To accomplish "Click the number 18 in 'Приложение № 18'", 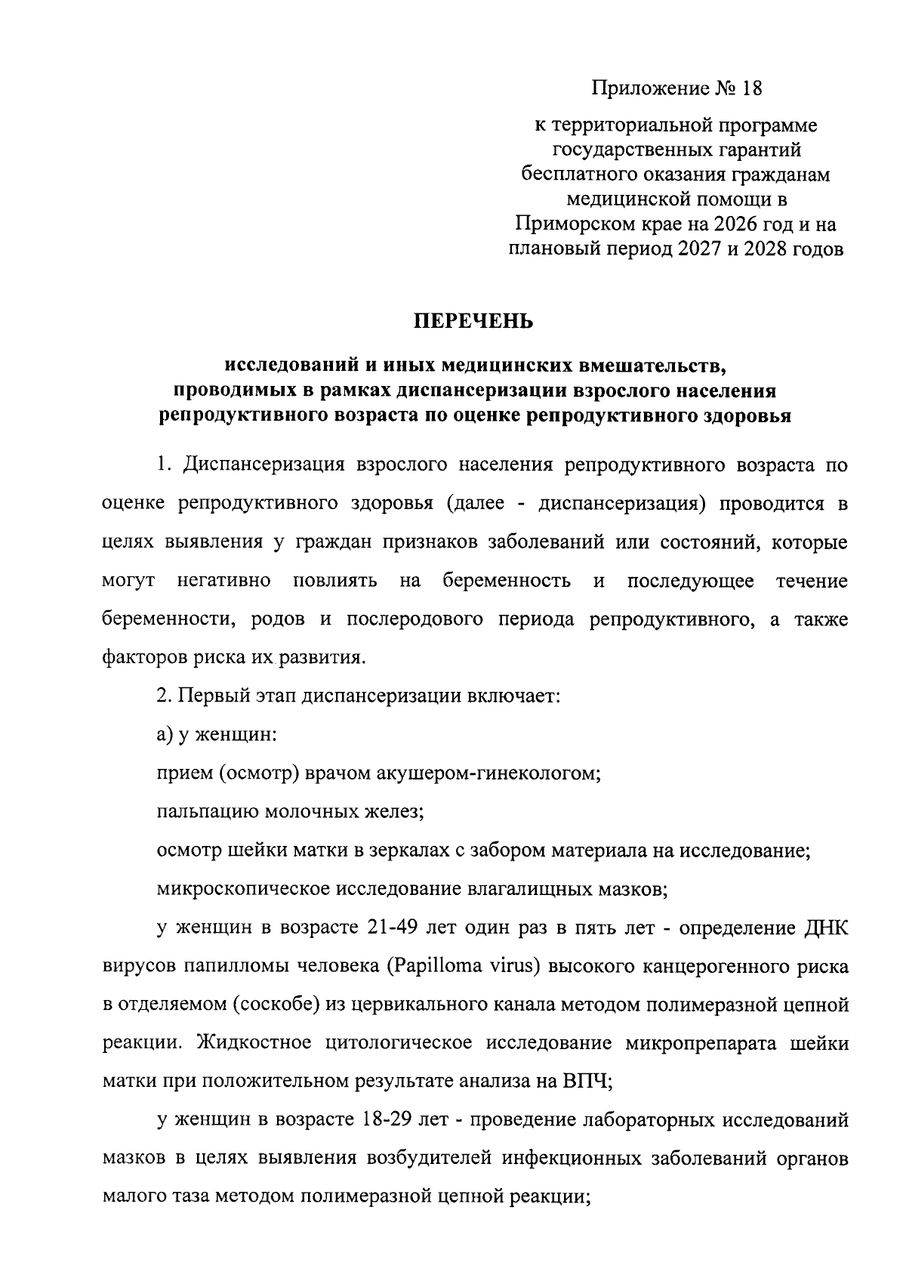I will (751, 89).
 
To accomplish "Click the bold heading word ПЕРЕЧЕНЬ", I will (473, 323).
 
